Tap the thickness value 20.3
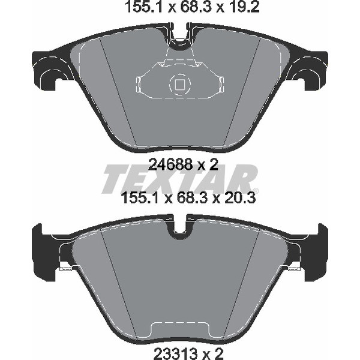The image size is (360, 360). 239,198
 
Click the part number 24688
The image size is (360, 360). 170,164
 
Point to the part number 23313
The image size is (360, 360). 176,354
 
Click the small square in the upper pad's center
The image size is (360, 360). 179,85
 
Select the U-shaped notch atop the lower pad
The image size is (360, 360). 180,227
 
